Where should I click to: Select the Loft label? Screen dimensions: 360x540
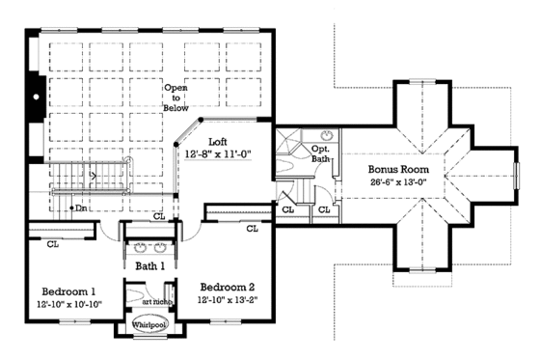(x=218, y=142)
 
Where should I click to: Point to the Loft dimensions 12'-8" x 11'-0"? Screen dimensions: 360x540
(x=217, y=154)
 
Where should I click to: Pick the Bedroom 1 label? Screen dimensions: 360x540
(x=67, y=291)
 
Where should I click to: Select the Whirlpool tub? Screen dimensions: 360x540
(x=148, y=329)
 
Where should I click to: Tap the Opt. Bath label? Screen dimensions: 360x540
(x=320, y=155)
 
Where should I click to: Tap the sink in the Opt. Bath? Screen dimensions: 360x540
(x=325, y=134)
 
